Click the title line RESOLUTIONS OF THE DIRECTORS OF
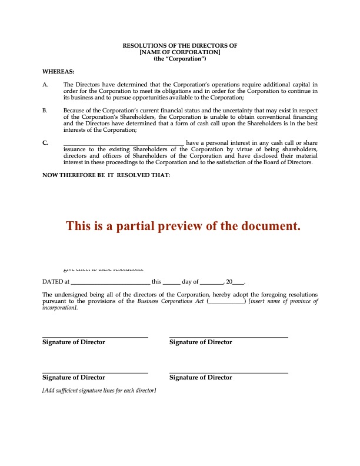(179, 45)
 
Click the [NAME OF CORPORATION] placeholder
(179, 52)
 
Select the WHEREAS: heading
(54, 72)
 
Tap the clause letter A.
(45, 85)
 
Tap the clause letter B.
(45, 110)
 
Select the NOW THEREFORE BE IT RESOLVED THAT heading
(106, 175)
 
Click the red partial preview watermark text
(183, 226)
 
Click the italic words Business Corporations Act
(171, 301)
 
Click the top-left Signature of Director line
(95, 337)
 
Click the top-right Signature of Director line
(229, 337)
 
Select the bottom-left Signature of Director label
(74, 378)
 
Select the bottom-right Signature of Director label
(201, 378)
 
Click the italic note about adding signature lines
(99, 391)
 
